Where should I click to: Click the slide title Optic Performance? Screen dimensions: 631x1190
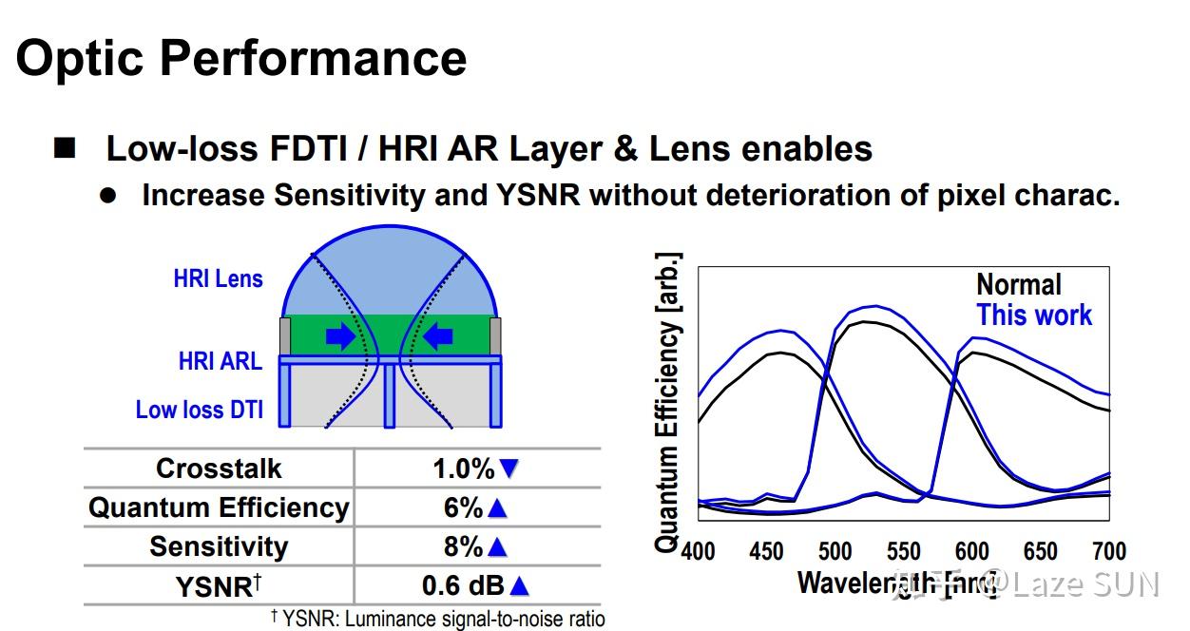(241, 58)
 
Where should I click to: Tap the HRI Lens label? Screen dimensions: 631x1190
(218, 279)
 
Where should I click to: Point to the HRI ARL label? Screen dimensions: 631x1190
(220, 361)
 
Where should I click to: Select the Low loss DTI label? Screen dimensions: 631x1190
(199, 410)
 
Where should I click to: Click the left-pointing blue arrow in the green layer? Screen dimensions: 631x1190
(439, 336)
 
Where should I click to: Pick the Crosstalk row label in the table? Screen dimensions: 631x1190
(219, 468)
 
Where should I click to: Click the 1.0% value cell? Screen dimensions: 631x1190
(464, 468)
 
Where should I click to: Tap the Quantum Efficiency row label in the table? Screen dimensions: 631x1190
(219, 507)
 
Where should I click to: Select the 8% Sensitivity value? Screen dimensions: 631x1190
(463, 546)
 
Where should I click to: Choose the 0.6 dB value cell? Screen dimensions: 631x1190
(463, 585)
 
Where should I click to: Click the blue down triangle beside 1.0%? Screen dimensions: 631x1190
(509, 468)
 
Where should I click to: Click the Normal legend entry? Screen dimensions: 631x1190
(1018, 284)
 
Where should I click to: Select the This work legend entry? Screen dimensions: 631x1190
(1034, 315)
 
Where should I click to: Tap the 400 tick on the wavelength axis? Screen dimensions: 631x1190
(699, 552)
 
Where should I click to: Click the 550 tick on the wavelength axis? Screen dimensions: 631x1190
(903, 552)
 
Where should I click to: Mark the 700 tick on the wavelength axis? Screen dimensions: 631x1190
(1107, 552)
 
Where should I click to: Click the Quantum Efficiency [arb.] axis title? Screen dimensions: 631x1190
(668, 402)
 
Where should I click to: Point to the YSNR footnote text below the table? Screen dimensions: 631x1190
(437, 620)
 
